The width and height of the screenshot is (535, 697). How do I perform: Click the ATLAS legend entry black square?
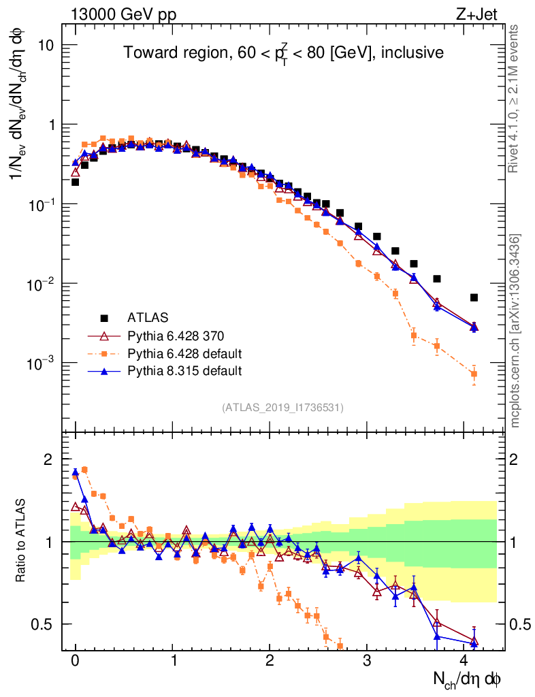click(x=104, y=317)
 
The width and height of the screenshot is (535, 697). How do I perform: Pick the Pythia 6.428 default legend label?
click(x=185, y=353)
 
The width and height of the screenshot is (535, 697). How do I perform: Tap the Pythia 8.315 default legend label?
click(x=185, y=371)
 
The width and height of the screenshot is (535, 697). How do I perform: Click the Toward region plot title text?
click(x=283, y=52)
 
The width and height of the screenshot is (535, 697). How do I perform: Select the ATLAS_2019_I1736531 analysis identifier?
click(x=282, y=408)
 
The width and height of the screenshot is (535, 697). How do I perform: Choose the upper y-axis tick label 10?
click(x=44, y=45)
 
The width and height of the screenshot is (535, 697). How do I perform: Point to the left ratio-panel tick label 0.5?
click(x=43, y=624)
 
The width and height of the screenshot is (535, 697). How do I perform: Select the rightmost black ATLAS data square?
click(x=474, y=297)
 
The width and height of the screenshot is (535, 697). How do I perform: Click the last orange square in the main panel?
click(x=474, y=374)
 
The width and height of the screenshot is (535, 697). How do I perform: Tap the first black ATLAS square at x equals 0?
click(x=75, y=182)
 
